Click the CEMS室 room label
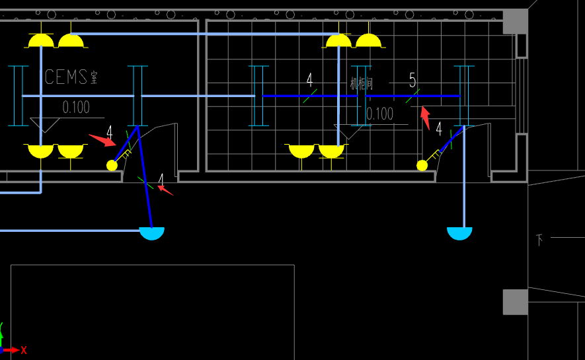(x=71, y=77)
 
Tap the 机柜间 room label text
(x=362, y=84)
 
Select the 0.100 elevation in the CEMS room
(x=76, y=107)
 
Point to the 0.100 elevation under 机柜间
(x=379, y=114)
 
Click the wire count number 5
(x=412, y=81)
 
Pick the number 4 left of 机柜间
(x=309, y=81)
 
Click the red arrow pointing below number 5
(x=426, y=118)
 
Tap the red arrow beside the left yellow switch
(x=102, y=139)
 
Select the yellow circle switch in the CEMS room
(x=112, y=165)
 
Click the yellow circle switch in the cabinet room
(x=422, y=165)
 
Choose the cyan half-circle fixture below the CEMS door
(x=151, y=233)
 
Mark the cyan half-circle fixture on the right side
(x=459, y=233)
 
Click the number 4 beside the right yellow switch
(x=438, y=128)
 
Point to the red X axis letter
(x=24, y=350)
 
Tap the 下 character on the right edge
(x=539, y=240)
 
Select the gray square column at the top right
(x=516, y=21)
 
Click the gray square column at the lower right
(x=515, y=302)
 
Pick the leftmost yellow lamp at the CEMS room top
(x=41, y=41)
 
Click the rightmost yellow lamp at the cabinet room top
(x=368, y=41)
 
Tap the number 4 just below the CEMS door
(x=161, y=180)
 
